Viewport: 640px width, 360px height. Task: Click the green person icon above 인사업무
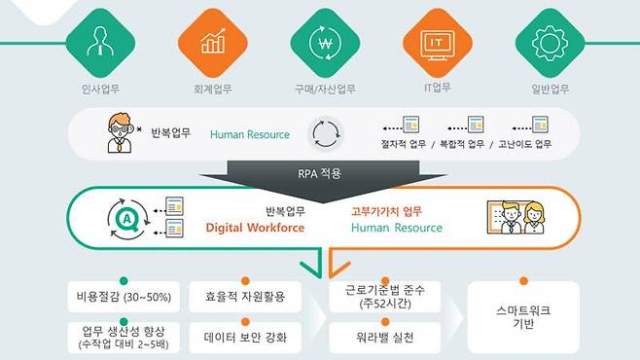[x=97, y=42]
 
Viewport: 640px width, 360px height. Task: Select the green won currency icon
[x=320, y=42]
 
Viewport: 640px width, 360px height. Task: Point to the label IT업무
[x=436, y=88]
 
